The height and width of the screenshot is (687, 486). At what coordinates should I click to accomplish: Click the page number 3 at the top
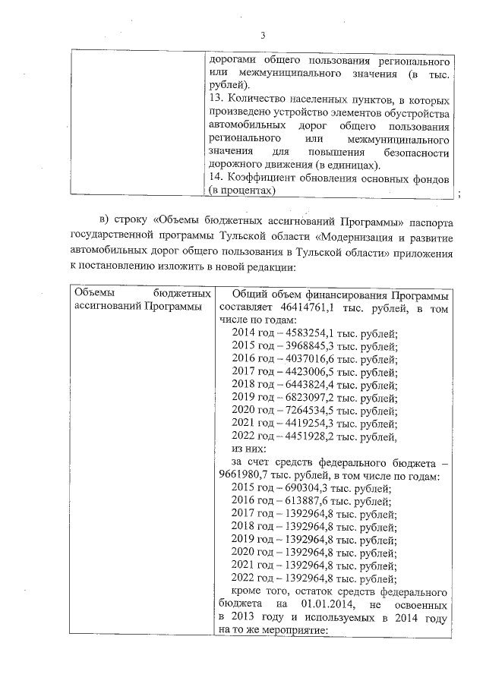point(263,36)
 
